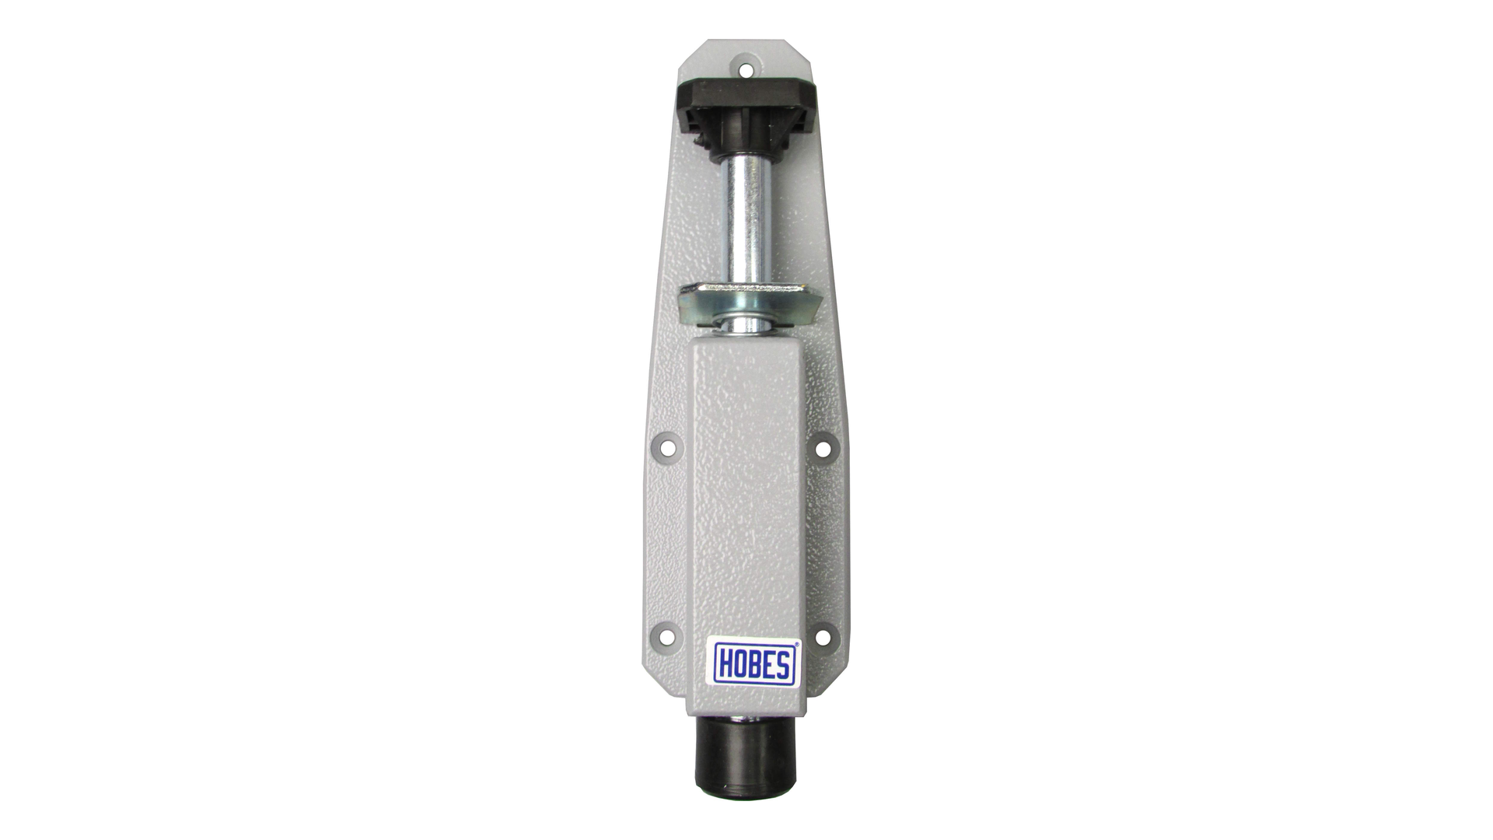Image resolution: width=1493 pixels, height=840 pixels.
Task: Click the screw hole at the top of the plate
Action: click(x=746, y=69)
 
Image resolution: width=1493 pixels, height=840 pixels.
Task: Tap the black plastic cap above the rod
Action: click(x=745, y=117)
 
